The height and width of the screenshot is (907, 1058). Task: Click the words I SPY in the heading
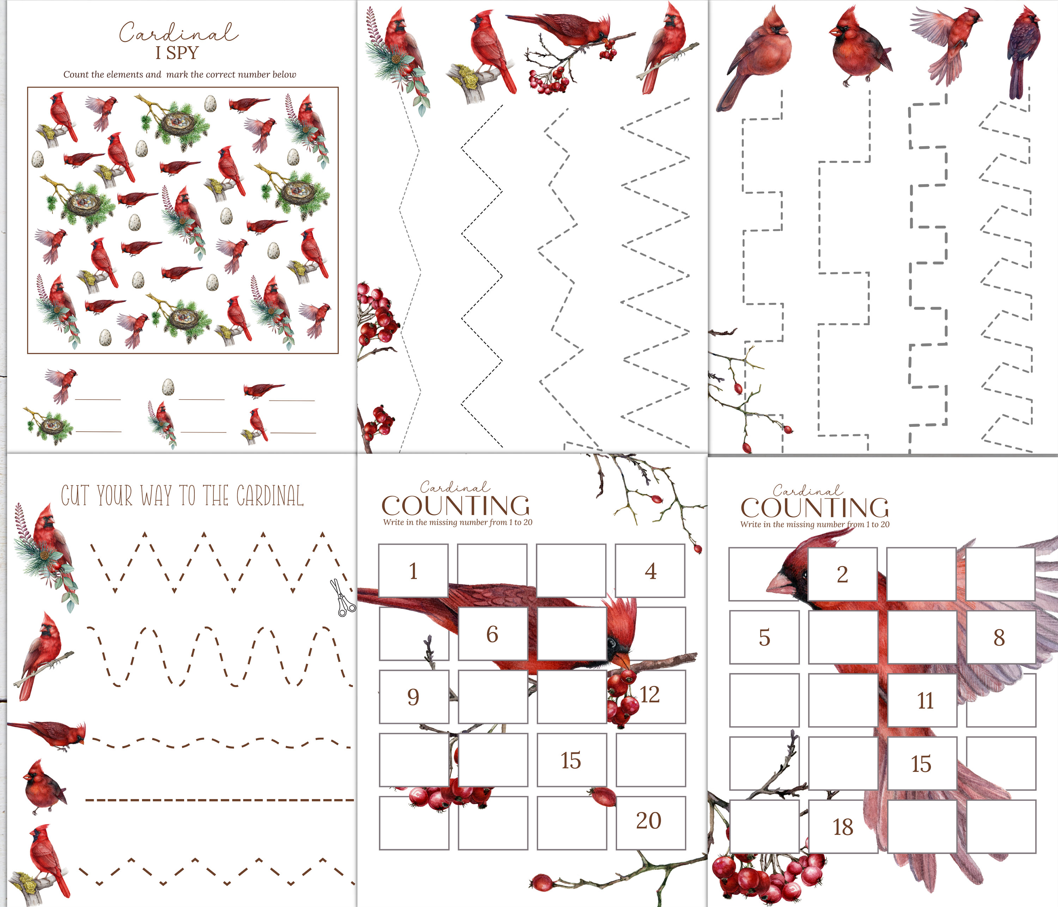click(x=177, y=53)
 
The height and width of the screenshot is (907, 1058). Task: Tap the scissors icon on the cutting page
click(x=342, y=598)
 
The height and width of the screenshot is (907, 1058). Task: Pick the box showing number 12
click(x=650, y=696)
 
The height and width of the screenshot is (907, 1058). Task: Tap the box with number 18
click(x=843, y=826)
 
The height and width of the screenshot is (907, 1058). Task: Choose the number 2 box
click(x=843, y=574)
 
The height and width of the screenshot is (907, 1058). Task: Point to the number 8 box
click(x=1000, y=637)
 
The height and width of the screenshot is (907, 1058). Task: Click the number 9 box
click(x=414, y=697)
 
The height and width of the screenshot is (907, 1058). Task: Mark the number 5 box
click(x=764, y=637)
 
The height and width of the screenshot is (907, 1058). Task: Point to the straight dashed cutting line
click(x=220, y=800)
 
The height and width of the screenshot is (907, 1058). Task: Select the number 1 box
click(x=414, y=570)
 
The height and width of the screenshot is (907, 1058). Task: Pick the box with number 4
click(x=650, y=570)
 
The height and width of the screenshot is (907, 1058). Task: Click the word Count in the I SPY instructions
click(x=75, y=74)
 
